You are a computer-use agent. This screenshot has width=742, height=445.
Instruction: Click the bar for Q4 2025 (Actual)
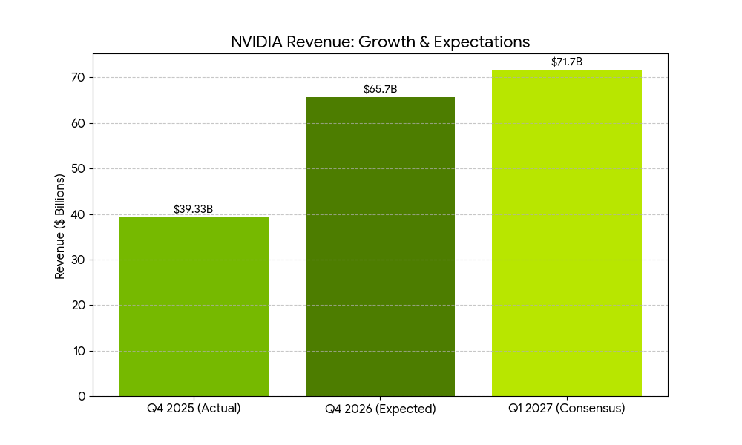coord(194,306)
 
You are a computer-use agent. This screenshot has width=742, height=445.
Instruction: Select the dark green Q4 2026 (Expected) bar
coord(380,246)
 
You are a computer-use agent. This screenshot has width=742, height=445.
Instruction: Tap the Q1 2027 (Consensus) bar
coord(567,233)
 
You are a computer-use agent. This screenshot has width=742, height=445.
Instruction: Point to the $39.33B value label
coord(194,209)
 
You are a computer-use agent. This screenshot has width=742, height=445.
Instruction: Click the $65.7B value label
coord(380,89)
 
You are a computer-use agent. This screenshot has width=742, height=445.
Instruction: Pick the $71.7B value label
coord(567,62)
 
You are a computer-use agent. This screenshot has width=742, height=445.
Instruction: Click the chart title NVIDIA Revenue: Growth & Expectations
coord(380,42)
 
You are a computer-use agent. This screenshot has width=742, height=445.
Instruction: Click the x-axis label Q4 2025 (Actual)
coord(194,409)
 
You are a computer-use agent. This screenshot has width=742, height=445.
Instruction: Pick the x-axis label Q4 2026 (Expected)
coord(380,409)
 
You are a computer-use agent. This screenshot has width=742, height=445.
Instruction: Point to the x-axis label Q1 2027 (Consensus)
coord(567,409)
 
